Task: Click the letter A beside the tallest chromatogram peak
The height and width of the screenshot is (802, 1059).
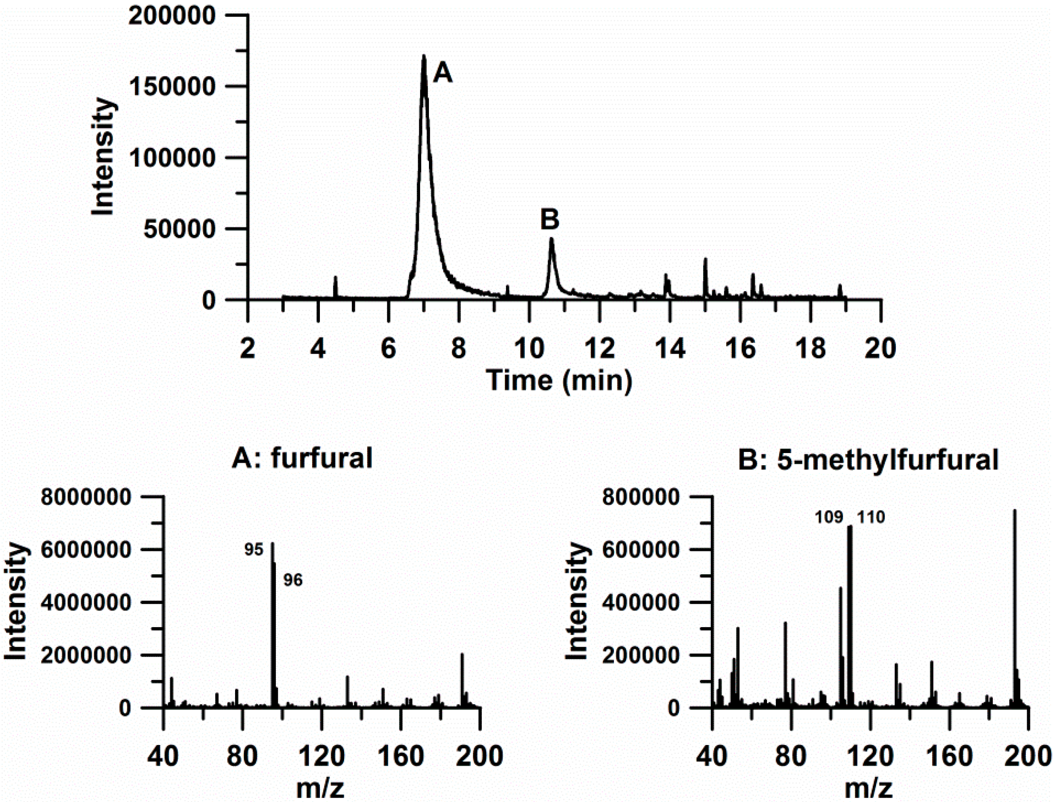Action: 442,74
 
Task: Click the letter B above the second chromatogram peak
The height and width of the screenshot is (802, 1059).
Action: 549,220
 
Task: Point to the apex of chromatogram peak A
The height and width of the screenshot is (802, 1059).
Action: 424,57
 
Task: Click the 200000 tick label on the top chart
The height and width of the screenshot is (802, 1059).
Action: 173,16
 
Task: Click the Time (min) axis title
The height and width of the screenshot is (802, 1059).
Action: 559,381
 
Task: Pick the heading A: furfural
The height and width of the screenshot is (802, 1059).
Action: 302,458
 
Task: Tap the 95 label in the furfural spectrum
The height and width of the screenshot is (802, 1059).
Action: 254,550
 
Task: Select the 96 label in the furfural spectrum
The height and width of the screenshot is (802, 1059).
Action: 293,580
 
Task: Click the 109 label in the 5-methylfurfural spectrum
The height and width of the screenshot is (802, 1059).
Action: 829,518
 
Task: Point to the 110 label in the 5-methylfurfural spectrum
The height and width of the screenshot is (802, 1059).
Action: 871,518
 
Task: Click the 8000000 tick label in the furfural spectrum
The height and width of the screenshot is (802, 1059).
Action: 85,498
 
